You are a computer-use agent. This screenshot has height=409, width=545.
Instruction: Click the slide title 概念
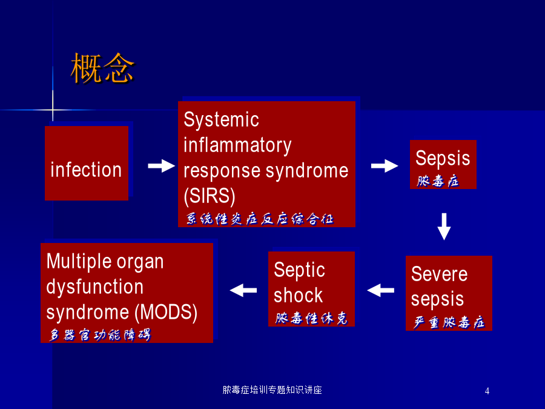[x=102, y=68]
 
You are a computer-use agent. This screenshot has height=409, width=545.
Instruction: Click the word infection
[x=86, y=170]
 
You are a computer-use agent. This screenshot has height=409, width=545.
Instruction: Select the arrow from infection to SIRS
[x=161, y=166]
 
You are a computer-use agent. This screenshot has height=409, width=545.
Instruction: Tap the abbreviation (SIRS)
[x=210, y=196]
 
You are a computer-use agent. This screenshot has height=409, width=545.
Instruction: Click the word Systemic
[x=221, y=119]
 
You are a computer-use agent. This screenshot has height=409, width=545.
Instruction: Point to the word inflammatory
[x=237, y=145]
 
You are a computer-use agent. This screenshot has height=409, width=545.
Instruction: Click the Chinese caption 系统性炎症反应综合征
[x=259, y=219]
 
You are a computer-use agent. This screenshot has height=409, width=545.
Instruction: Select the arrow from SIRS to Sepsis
[x=385, y=166]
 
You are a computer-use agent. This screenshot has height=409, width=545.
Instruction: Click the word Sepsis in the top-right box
[x=443, y=158]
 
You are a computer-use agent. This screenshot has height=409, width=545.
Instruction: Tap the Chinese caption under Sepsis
[x=438, y=181]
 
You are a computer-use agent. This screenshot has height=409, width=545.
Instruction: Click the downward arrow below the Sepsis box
[x=444, y=227]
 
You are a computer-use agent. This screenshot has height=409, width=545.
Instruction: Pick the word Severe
[x=440, y=274]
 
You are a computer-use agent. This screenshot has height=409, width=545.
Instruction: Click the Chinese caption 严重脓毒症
[x=449, y=322]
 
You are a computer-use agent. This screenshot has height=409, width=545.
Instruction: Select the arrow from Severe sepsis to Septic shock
[x=381, y=290]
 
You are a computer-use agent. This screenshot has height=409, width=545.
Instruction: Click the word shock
[x=298, y=295]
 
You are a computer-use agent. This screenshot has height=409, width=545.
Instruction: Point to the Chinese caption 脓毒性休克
[x=311, y=318]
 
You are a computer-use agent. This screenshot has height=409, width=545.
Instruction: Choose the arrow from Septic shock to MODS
[x=243, y=290]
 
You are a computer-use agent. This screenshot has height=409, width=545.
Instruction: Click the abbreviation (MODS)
[x=166, y=312]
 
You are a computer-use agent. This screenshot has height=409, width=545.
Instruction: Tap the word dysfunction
[x=95, y=287]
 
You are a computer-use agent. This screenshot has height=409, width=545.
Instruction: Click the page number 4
[x=487, y=391]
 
